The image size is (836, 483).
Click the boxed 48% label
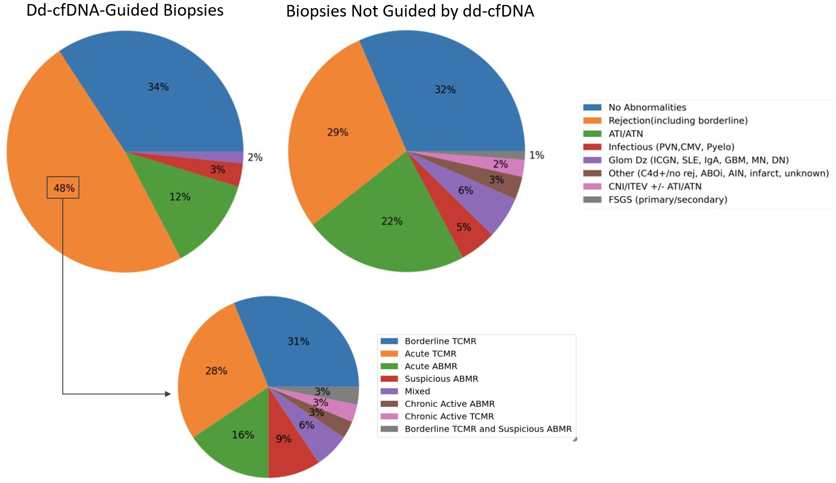pyautogui.click(x=63, y=188)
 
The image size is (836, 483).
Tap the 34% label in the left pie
pyautogui.click(x=158, y=87)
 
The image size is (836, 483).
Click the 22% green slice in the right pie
pyautogui.click(x=392, y=233)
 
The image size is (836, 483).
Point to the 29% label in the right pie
pyautogui.click(x=338, y=133)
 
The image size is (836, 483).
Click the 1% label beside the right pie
pyautogui.click(x=536, y=156)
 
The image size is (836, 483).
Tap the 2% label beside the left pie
pyautogui.click(x=255, y=157)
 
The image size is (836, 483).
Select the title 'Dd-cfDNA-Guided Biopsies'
pyautogui.click(x=125, y=10)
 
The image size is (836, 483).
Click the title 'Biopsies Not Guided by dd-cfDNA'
pyautogui.click(x=410, y=11)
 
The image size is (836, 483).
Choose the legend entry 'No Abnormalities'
pyautogui.click(x=647, y=108)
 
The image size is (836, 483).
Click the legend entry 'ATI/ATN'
pyautogui.click(x=625, y=134)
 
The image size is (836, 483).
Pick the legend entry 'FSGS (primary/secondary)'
pyautogui.click(x=667, y=200)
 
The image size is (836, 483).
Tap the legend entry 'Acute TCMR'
pyautogui.click(x=430, y=354)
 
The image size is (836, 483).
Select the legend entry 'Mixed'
pyautogui.click(x=417, y=392)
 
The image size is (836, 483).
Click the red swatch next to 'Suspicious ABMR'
pyautogui.click(x=389, y=379)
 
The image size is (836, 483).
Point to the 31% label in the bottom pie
pyautogui.click(x=298, y=342)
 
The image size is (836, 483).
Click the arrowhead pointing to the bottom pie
pyautogui.click(x=168, y=394)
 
